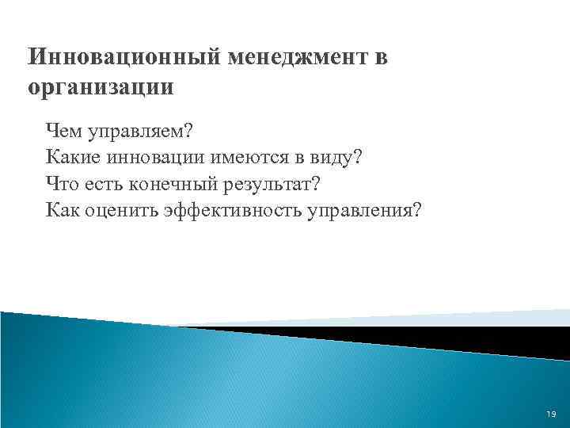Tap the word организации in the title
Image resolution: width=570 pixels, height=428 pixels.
100,87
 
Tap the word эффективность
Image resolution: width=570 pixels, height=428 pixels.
222,211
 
